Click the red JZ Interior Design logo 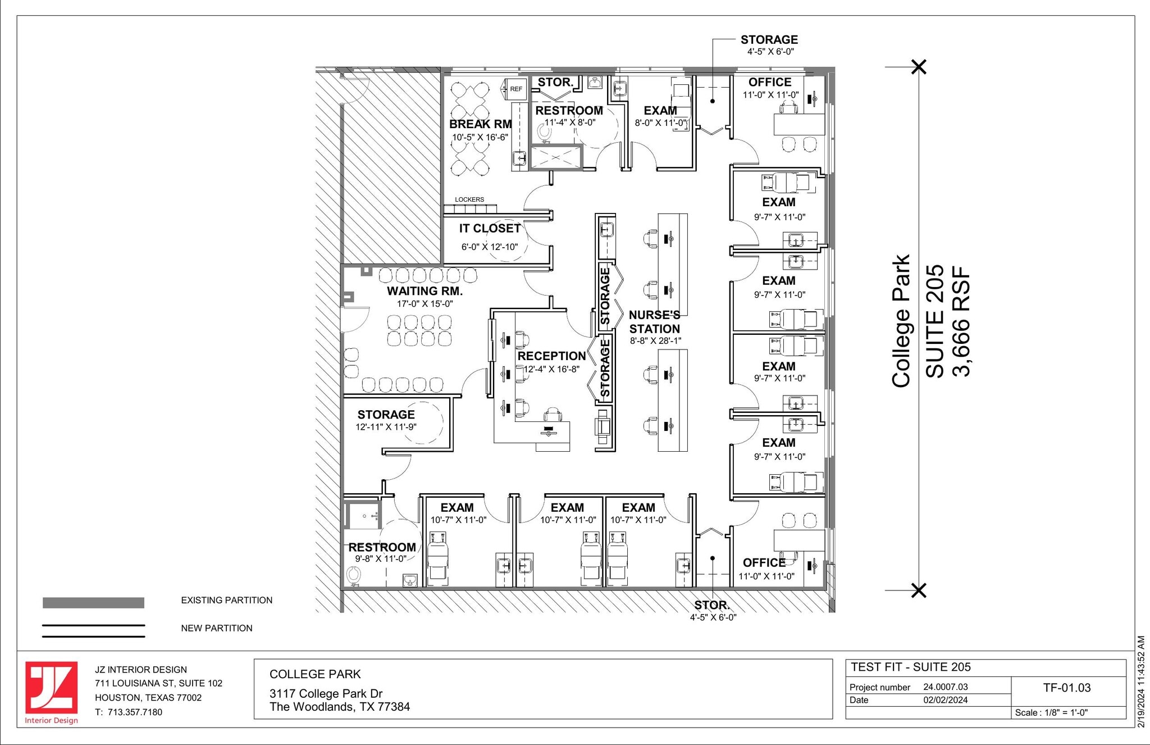pyautogui.click(x=51, y=688)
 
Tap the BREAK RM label pyautogui.click(x=480, y=124)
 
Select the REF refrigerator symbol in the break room pyautogui.click(x=515, y=89)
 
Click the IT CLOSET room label pyautogui.click(x=490, y=229)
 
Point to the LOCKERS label pyautogui.click(x=469, y=199)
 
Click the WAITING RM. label pyautogui.click(x=425, y=291)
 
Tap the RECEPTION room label pyautogui.click(x=551, y=356)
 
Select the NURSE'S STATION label pyautogui.click(x=654, y=322)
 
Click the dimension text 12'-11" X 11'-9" pyautogui.click(x=386, y=427)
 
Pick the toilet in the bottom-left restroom pyautogui.click(x=353, y=575)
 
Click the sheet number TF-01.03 pyautogui.click(x=1066, y=688)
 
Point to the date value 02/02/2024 pyautogui.click(x=946, y=700)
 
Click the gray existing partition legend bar pyautogui.click(x=93, y=603)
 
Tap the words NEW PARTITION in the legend pyautogui.click(x=216, y=628)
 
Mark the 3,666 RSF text pyautogui.click(x=961, y=321)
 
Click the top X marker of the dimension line pyautogui.click(x=919, y=67)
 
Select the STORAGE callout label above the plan pyautogui.click(x=769, y=40)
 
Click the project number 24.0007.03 pyautogui.click(x=946, y=687)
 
